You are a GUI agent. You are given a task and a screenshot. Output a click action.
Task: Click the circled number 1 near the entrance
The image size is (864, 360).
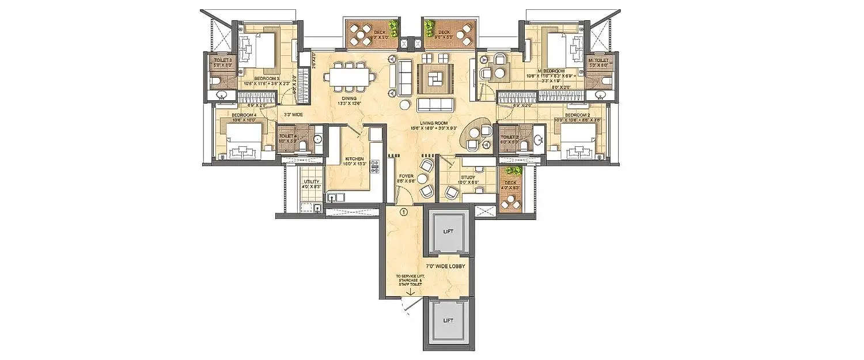tap(404, 212)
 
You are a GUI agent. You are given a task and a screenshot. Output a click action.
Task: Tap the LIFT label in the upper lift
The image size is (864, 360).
tap(449, 232)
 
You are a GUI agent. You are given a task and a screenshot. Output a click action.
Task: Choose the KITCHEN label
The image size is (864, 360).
tap(354, 158)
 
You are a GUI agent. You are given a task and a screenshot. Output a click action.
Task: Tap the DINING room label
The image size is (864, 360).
tap(348, 98)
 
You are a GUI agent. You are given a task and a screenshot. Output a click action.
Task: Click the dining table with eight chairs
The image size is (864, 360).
tap(349, 77)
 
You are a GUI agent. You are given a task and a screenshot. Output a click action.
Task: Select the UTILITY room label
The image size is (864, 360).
tap(312, 181)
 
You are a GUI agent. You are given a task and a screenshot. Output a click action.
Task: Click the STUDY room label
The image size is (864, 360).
tap(467, 178)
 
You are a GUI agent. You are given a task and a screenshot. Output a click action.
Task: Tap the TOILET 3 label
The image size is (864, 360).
tap(223, 60)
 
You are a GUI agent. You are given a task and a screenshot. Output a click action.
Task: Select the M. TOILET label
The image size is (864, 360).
tap(598, 60)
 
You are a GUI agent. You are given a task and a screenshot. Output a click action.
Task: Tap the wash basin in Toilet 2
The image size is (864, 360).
tap(538, 139)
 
